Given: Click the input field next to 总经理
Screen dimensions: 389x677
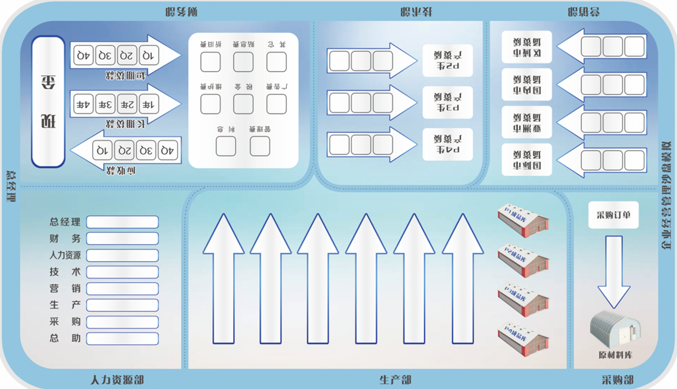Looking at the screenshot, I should pyautogui.click(x=122, y=222).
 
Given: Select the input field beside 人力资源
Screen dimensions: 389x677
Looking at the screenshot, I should pyautogui.click(x=122, y=255).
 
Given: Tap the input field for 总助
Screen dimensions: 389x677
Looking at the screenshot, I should pyautogui.click(x=122, y=339).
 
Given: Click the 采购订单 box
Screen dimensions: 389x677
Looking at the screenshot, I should pyautogui.click(x=613, y=215).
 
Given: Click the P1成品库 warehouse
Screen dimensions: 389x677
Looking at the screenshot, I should pyautogui.click(x=523, y=221).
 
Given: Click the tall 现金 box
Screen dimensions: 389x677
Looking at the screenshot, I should pyautogui.click(x=48, y=101).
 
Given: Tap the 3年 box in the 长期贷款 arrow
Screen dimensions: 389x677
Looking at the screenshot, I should pyautogui.click(x=106, y=104).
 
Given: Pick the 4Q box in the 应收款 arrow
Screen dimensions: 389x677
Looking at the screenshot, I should pyautogui.click(x=168, y=150).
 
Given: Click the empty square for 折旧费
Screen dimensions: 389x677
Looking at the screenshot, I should pyautogui.click(x=211, y=62).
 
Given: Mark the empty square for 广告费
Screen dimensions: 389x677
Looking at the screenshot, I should pyautogui.click(x=276, y=104).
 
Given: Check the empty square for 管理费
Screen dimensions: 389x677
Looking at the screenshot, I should pyautogui.click(x=259, y=146).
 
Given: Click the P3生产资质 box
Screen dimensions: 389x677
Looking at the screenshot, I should pyautogui.click(x=447, y=103).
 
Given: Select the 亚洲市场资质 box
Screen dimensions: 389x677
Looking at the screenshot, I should pyautogui.click(x=527, y=122).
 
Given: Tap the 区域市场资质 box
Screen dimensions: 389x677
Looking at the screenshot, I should pyautogui.click(x=527, y=47).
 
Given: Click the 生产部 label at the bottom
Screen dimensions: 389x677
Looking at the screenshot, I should pyautogui.click(x=395, y=380).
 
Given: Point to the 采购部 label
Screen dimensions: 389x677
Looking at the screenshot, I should pyautogui.click(x=617, y=380).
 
